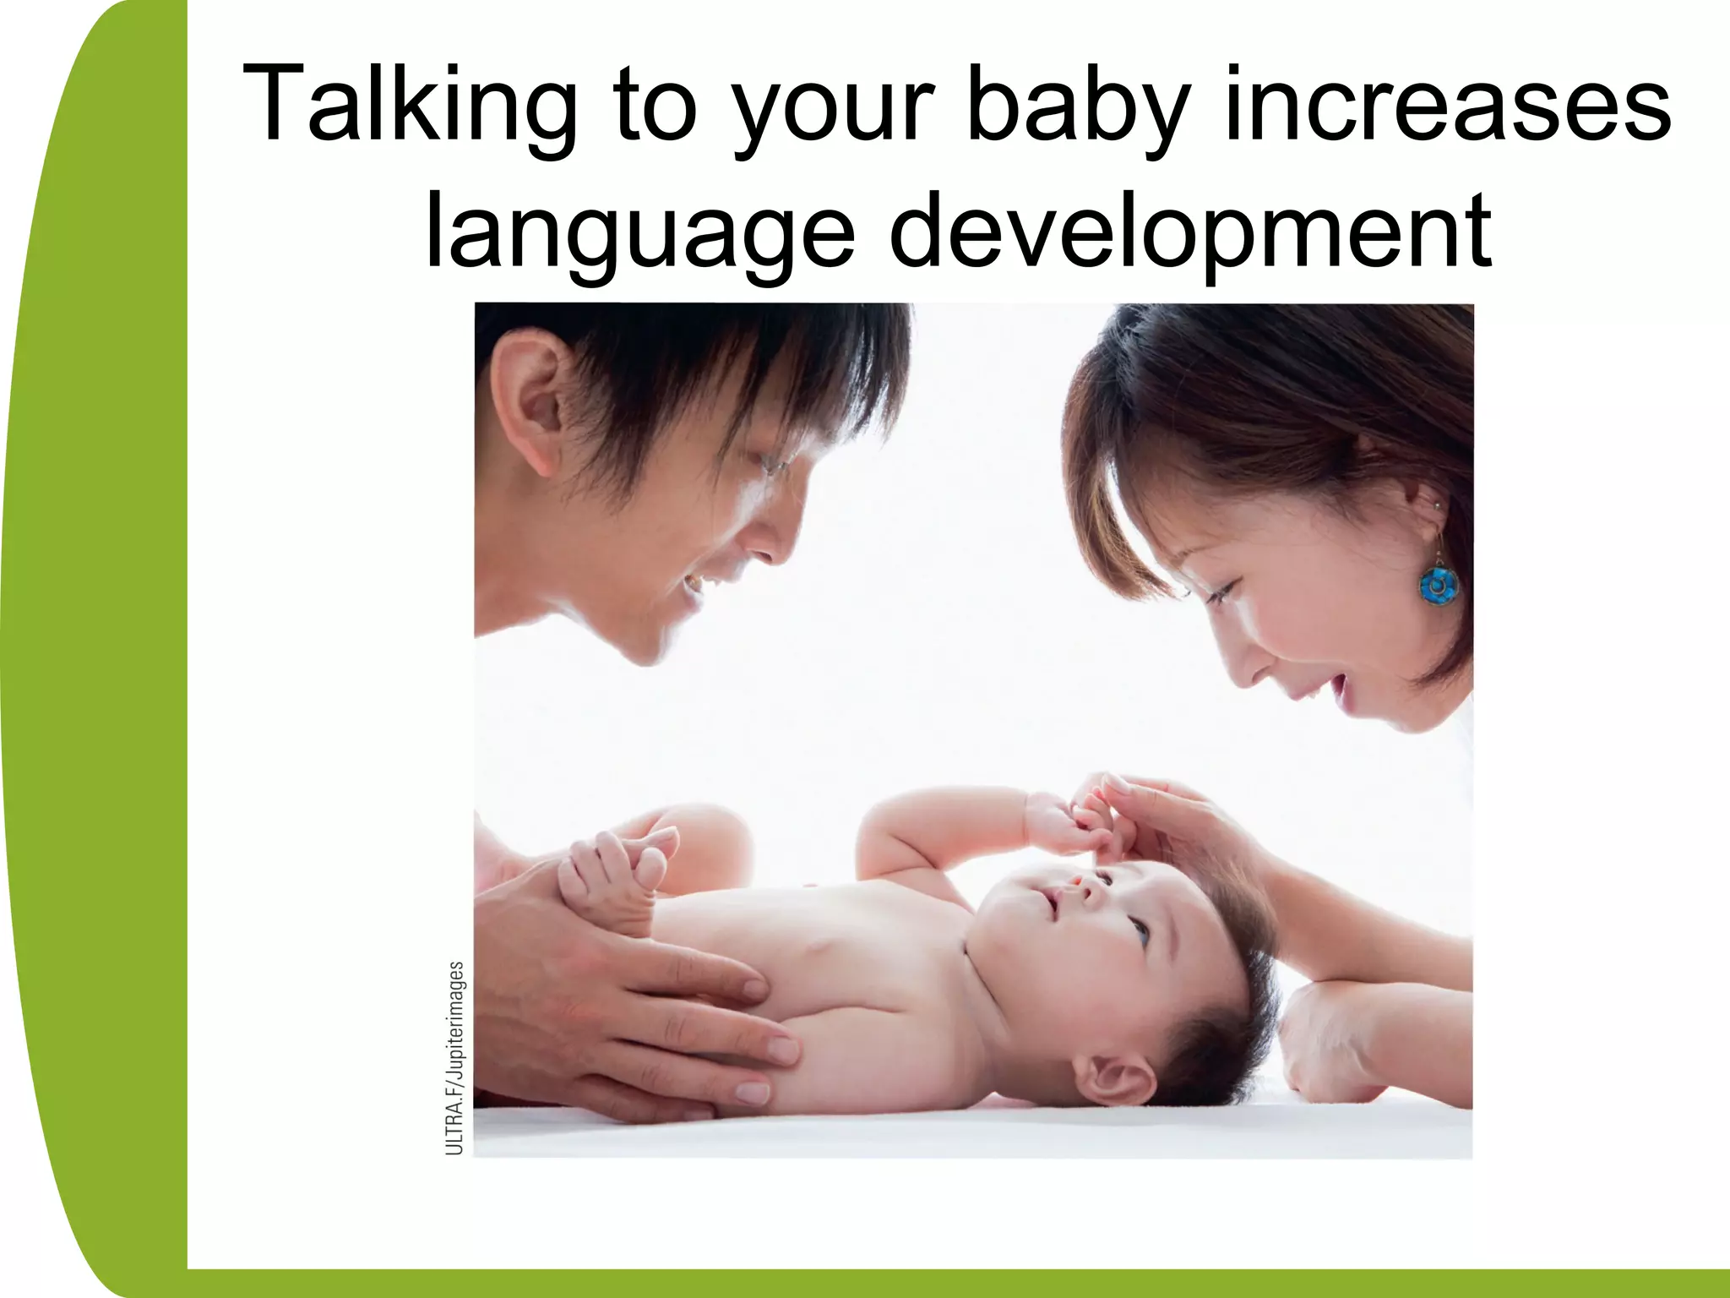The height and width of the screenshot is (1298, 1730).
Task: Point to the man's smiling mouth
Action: (x=694, y=583)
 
